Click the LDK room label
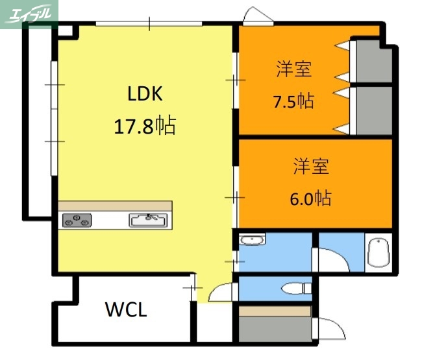[x=144, y=94]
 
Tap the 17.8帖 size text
[x=144, y=125]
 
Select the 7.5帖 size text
[x=293, y=101]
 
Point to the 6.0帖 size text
[x=310, y=198]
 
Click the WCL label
[x=126, y=309]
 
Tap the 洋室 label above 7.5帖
[x=293, y=69]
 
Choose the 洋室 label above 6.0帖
[x=310, y=166]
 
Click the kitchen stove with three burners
[x=77, y=221]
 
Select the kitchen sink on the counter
[x=149, y=221]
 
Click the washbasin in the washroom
[x=252, y=241]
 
